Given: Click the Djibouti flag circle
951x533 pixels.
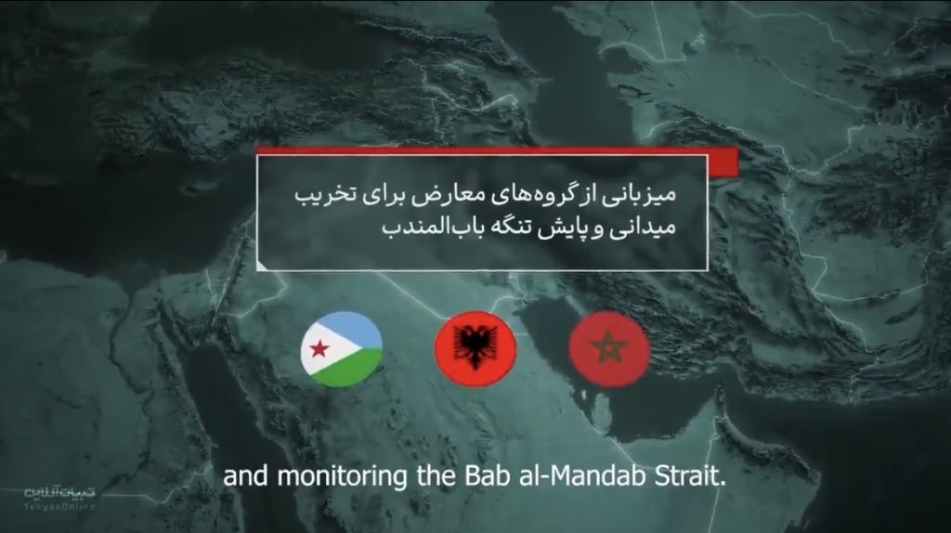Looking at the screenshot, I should (341, 350).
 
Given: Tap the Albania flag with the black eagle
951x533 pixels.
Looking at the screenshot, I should (475, 350).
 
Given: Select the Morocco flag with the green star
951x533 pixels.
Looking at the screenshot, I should (608, 350).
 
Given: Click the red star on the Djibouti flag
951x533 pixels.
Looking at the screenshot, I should (319, 350).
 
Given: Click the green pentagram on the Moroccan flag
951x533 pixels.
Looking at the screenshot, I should (608, 350).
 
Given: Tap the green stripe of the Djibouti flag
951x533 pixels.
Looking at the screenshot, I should (353, 369).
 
